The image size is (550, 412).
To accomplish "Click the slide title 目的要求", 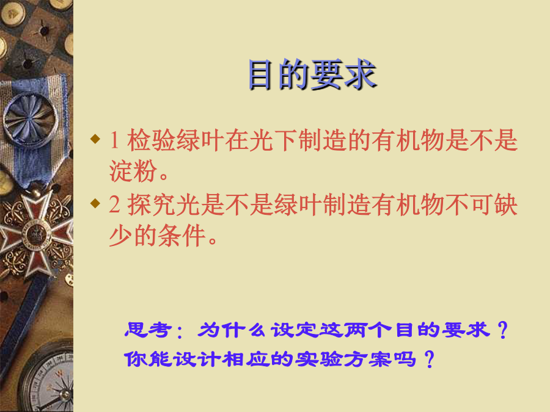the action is pyautogui.click(x=312, y=74).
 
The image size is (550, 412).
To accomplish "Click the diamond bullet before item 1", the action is pyautogui.click(x=95, y=139).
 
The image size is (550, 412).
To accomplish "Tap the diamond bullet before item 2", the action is pyautogui.click(x=95, y=203).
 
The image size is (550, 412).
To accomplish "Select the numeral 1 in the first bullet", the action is pyautogui.click(x=114, y=140).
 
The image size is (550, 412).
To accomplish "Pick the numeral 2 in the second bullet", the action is pyautogui.click(x=114, y=204).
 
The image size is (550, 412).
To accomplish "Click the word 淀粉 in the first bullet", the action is pyautogui.click(x=133, y=171).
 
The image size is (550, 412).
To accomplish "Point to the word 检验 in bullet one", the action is pyautogui.click(x=152, y=140).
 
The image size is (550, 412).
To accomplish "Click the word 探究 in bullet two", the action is pyautogui.click(x=152, y=204).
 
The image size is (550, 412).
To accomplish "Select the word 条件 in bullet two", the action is pyautogui.click(x=182, y=236).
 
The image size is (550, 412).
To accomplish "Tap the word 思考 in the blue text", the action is pyautogui.click(x=148, y=330).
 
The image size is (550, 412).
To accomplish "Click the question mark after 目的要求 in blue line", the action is pyautogui.click(x=503, y=330).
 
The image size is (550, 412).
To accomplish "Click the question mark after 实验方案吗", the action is pyautogui.click(x=430, y=359).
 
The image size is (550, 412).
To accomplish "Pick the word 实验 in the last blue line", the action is pyautogui.click(x=319, y=359).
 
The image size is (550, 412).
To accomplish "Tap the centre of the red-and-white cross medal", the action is pyautogui.click(x=35, y=233).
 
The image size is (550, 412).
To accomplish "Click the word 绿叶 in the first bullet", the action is pyautogui.click(x=200, y=140).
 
